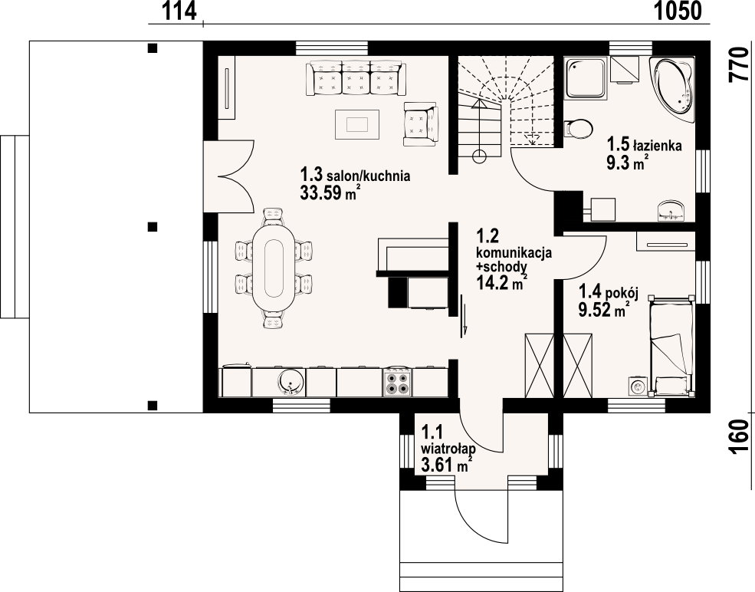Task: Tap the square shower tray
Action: tap(584, 78)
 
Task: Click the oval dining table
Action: tap(273, 268)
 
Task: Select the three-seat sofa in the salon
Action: tap(357, 77)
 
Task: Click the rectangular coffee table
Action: tap(357, 123)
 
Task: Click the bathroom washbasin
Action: tap(672, 211)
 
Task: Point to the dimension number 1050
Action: tap(678, 12)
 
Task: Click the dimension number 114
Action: tap(179, 12)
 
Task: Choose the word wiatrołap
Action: tap(448, 449)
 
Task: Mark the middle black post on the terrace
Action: tap(153, 226)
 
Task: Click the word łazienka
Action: tap(657, 146)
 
